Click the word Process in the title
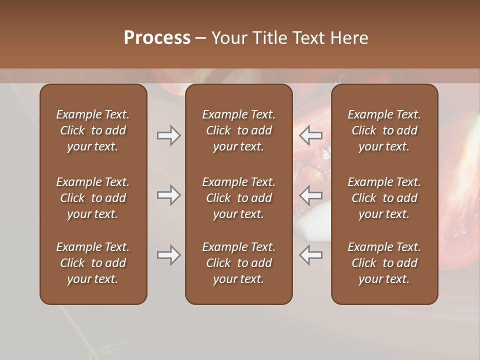pos(157,38)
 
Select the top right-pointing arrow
pos(168,135)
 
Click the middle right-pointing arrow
pos(168,195)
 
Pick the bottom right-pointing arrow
pos(168,255)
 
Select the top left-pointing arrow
pos(310,135)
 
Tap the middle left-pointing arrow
pos(310,195)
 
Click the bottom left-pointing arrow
pos(310,255)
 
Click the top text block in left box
pos(93,130)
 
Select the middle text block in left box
pos(93,198)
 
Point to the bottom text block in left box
pos(93,263)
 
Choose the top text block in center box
pos(239,130)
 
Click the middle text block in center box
pos(239,198)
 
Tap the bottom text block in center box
pos(239,263)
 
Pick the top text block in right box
pos(384,130)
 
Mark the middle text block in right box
pos(384,198)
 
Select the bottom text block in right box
pos(384,263)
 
